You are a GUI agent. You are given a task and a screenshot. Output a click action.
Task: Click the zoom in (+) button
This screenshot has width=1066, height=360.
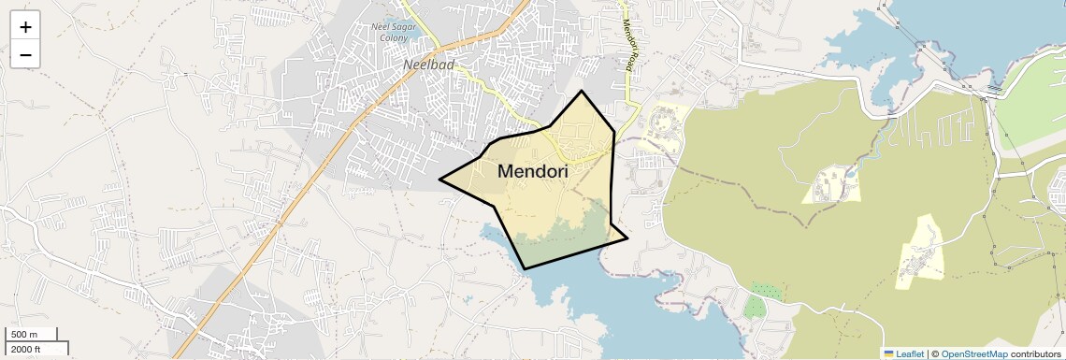(x=25, y=27)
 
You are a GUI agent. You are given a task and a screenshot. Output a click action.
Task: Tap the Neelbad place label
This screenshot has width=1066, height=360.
(x=426, y=65)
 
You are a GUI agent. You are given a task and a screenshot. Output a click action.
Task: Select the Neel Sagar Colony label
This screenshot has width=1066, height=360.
(x=393, y=31)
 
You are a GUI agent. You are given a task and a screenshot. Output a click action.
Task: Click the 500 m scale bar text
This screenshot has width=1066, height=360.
(x=23, y=335)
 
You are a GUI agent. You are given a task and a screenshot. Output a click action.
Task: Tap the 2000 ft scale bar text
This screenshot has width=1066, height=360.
(x=26, y=349)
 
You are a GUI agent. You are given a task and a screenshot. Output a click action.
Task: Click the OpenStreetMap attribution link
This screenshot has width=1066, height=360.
(x=974, y=353)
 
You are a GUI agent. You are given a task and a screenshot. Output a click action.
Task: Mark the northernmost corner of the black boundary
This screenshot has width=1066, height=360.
(x=582, y=91)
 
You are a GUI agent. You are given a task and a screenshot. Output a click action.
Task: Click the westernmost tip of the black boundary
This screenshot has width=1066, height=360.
(x=439, y=178)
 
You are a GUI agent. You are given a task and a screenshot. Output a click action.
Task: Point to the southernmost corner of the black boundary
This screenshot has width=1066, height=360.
(x=526, y=269)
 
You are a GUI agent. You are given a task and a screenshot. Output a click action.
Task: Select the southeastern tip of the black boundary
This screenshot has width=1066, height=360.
(x=627, y=238)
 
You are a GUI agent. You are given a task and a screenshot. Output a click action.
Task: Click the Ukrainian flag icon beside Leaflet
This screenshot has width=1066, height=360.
(x=888, y=353)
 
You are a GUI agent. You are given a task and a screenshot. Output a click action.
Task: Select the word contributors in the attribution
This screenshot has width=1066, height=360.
(x=1032, y=353)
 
